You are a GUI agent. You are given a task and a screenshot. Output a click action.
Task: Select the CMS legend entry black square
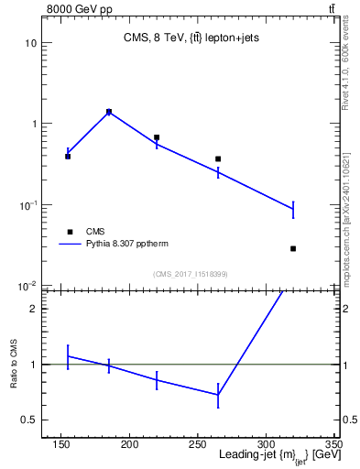click(x=69, y=231)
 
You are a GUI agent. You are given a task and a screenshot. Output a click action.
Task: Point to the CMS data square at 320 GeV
click(x=293, y=248)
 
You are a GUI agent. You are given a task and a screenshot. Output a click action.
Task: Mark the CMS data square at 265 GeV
click(x=218, y=158)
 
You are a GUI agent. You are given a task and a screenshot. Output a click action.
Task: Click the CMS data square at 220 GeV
click(x=157, y=137)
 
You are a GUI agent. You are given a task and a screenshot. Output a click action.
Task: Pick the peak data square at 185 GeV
click(x=109, y=112)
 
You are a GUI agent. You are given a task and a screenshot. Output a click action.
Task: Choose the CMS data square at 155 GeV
click(x=68, y=156)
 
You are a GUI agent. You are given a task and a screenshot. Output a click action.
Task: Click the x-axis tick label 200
click(x=129, y=444)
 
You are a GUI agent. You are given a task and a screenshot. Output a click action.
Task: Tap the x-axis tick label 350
click(x=333, y=444)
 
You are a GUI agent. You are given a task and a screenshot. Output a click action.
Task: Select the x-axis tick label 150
click(x=61, y=444)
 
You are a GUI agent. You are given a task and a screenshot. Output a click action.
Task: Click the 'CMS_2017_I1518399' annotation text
click(x=191, y=274)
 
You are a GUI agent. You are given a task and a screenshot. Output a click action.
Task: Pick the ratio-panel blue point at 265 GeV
click(x=218, y=395)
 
